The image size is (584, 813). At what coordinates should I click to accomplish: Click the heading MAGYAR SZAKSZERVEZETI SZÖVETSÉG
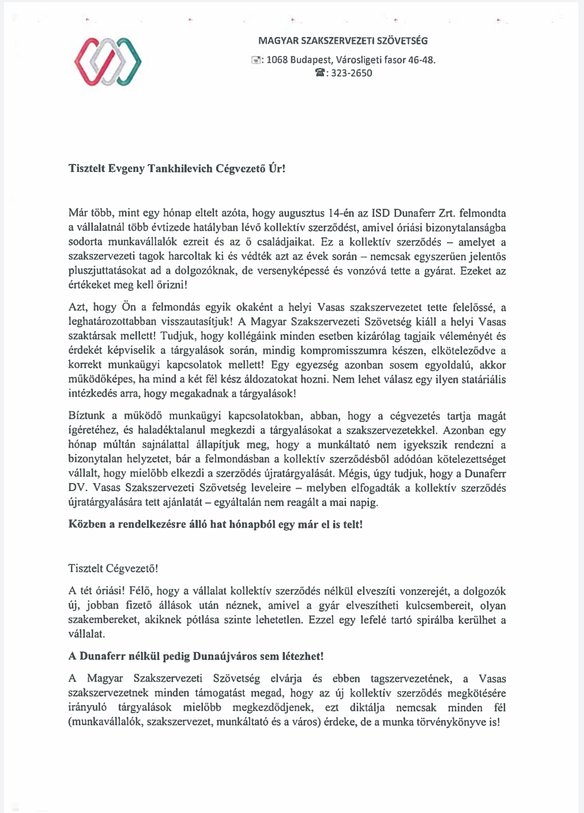tap(343, 41)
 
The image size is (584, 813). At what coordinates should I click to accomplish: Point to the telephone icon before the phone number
tap(320, 73)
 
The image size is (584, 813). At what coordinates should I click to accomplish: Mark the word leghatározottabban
tap(110, 321)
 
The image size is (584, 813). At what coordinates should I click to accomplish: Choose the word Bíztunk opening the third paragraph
tap(85, 416)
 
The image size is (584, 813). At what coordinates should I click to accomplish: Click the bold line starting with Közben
tap(216, 525)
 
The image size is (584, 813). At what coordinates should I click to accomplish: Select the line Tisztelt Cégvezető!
tap(113, 568)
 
